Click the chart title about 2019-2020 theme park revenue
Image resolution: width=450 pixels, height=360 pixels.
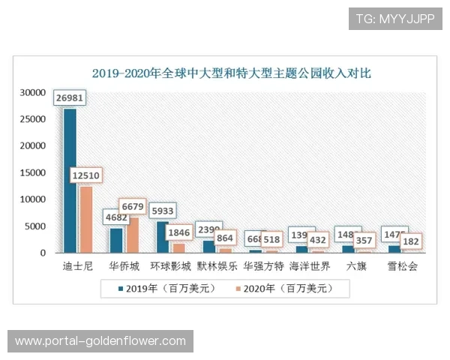[231, 73]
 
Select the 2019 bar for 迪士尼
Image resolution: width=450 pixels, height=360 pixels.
[70, 180]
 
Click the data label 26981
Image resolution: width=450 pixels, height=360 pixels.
[70, 97]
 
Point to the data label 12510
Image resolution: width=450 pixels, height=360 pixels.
[86, 175]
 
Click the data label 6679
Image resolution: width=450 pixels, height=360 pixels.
[133, 206]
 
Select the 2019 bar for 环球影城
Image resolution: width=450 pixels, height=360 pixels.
[162, 237]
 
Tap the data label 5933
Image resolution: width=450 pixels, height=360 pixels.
[162, 211]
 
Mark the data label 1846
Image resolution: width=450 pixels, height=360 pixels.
[178, 232]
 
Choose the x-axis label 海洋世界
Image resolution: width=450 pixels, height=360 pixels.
[309, 265]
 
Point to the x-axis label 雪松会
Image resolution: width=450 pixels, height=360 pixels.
[402, 265]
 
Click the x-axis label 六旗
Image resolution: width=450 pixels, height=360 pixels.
[356, 265]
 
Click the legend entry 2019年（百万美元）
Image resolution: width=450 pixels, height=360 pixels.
[160, 287]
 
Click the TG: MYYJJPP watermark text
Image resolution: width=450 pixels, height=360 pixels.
[395, 19]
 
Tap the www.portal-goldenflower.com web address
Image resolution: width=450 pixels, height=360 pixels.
[100, 341]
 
